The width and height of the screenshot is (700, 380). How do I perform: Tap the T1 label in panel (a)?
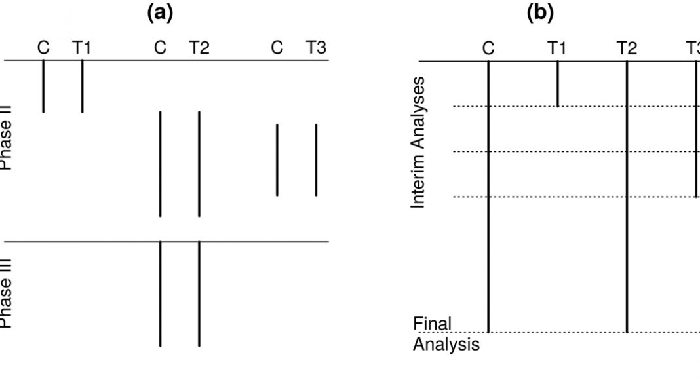[83, 47]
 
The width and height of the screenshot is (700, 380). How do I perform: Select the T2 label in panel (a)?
[199, 47]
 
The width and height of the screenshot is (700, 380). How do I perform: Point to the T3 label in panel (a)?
[316, 47]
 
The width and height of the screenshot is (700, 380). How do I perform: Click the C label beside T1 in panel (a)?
[43, 47]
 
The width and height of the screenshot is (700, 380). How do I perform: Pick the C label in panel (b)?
[488, 47]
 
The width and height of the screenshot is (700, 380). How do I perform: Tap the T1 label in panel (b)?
[557, 47]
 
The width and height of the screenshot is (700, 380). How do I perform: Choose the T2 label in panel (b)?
[627, 47]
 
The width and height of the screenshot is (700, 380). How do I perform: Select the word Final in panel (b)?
[433, 324]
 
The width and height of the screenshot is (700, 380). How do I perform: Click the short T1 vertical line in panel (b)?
[557, 84]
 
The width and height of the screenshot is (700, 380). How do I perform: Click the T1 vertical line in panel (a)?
[83, 86]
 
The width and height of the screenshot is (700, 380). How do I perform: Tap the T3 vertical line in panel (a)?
[316, 160]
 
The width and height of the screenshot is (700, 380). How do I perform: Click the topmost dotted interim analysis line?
[524, 106]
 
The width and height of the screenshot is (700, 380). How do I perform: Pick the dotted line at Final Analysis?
[557, 332]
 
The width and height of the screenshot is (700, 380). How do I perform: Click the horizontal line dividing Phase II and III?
[98, 242]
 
